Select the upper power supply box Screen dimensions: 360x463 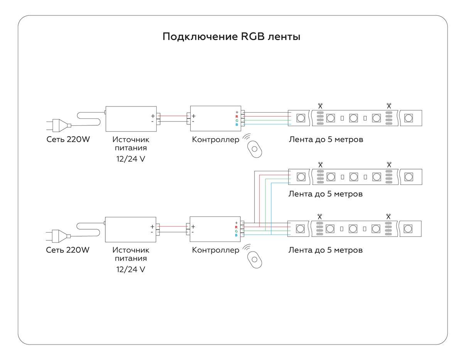[131, 118]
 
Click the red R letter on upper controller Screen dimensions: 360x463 [237, 116]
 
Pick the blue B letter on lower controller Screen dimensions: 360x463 [236, 235]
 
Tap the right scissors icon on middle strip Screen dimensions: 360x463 [389, 164]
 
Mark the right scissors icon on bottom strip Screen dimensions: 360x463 [388, 216]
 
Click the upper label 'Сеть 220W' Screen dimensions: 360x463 [68, 139]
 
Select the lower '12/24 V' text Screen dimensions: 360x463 [131, 269]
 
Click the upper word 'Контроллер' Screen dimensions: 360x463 [216, 139]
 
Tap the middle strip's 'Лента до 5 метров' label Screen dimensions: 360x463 [326, 194]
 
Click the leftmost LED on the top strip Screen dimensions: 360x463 [301, 118]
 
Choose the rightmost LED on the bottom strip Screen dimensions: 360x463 [407, 229]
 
